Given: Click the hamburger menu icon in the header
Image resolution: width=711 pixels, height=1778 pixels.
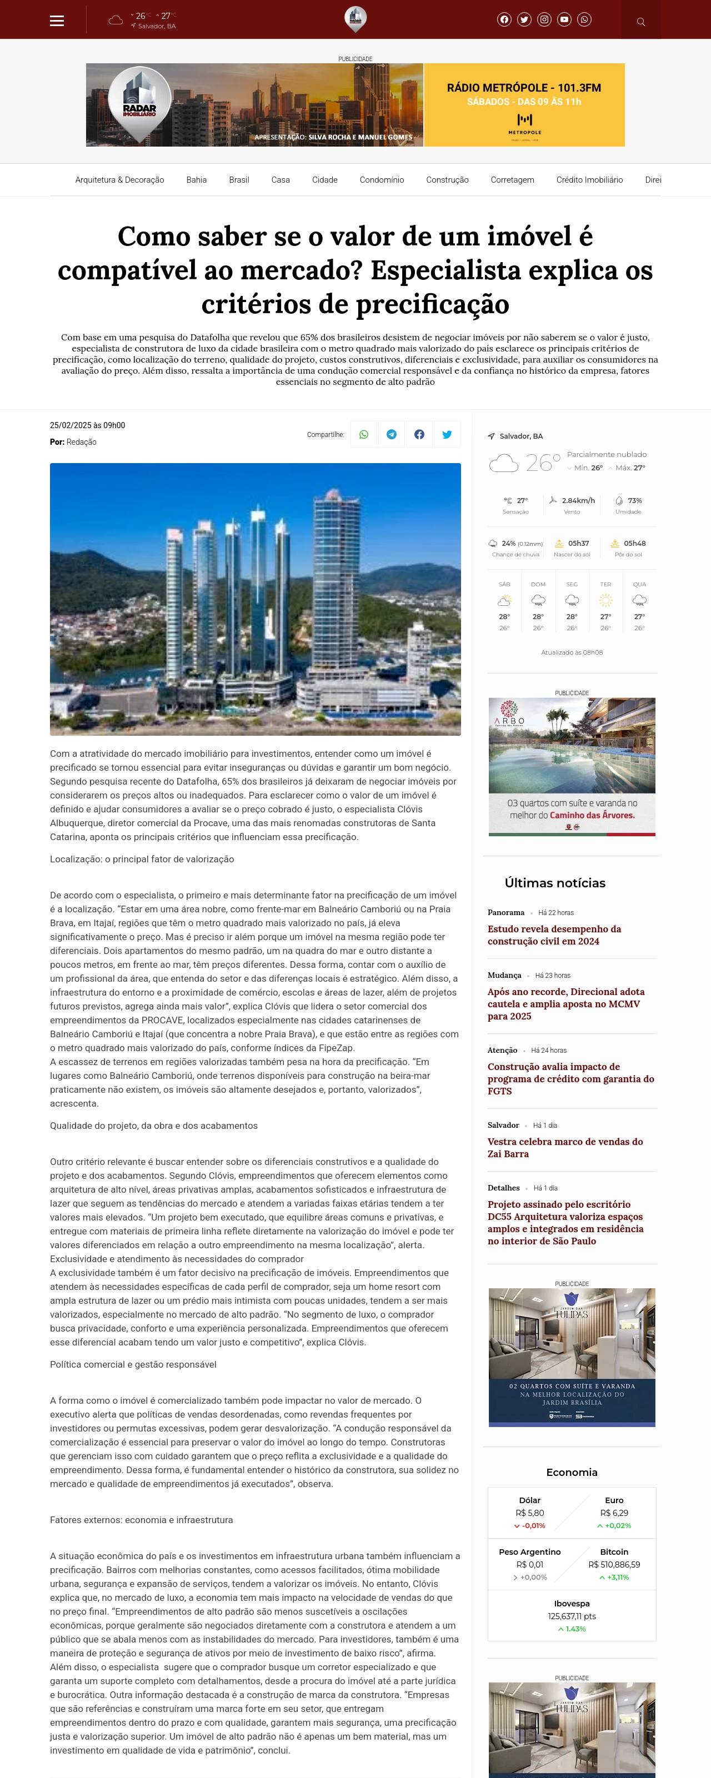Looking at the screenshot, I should click(x=57, y=21).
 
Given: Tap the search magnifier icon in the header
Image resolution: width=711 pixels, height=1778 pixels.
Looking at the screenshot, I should click(x=640, y=22).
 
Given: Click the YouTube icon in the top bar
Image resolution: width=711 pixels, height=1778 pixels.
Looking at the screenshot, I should click(x=564, y=19).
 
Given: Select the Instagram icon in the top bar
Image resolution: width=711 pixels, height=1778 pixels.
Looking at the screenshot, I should click(x=544, y=19).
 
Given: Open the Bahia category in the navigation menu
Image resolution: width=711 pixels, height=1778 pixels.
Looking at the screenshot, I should click(x=196, y=180).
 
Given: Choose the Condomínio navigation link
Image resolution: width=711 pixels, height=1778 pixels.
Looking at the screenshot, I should click(x=381, y=180).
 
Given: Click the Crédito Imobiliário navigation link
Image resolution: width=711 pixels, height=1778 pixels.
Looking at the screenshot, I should click(x=589, y=180).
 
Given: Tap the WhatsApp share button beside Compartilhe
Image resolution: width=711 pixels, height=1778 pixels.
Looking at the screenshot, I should click(x=364, y=435).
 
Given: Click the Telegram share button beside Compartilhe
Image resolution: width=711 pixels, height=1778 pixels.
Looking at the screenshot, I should click(x=392, y=435).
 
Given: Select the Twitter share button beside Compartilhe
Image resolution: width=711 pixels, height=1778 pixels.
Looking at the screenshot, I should click(x=447, y=435).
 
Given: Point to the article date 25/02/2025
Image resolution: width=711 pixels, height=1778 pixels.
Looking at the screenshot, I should click(x=87, y=425).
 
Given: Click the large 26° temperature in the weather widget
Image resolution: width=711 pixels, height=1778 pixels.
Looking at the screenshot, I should click(x=543, y=463).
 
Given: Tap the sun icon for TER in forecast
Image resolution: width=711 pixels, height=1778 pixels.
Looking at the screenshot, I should click(x=605, y=600).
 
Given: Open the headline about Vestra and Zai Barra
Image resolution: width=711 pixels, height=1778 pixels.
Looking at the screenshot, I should click(x=565, y=1147).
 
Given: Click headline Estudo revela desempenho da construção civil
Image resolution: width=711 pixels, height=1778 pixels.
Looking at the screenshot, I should click(x=554, y=935).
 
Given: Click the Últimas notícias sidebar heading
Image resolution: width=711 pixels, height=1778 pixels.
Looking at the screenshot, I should click(x=554, y=883).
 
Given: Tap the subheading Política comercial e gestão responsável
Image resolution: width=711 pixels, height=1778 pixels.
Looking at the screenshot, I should click(x=133, y=1364).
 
